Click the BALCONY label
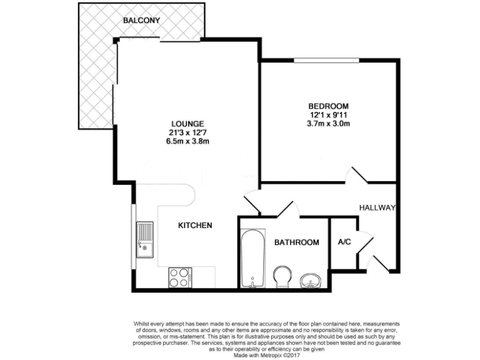tap(141, 20)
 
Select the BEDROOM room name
tap(328, 106)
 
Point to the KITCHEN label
tap(196, 225)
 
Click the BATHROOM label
tap(297, 242)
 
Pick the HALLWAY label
tap(377, 207)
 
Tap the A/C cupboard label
tap(344, 242)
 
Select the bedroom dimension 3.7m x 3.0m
tap(328, 124)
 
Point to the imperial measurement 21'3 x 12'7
tap(187, 132)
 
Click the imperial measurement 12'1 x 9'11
tap(328, 115)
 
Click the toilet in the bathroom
tap(282, 275)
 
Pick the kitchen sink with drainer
tap(144, 239)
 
